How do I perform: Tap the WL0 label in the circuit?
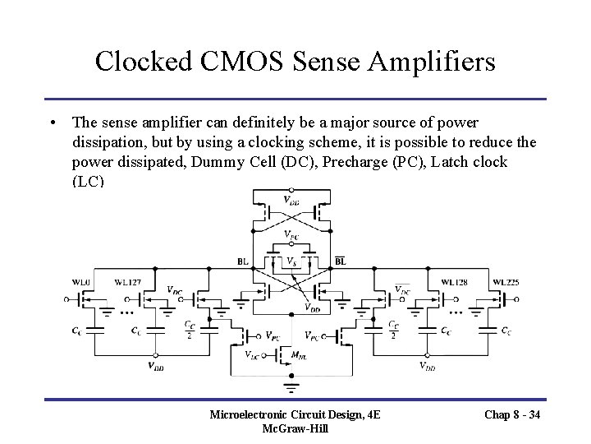pos(80,281)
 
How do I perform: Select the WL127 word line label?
pos(128,283)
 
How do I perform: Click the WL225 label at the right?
pos(505,281)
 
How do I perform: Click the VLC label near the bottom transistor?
pos(254,354)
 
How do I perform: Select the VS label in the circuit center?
pos(291,261)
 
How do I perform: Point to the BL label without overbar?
pos(243,261)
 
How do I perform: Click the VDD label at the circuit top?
pos(291,199)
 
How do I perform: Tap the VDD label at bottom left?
pos(155,367)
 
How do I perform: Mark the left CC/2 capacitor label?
pos(189,330)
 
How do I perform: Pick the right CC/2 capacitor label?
pos(394,330)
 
